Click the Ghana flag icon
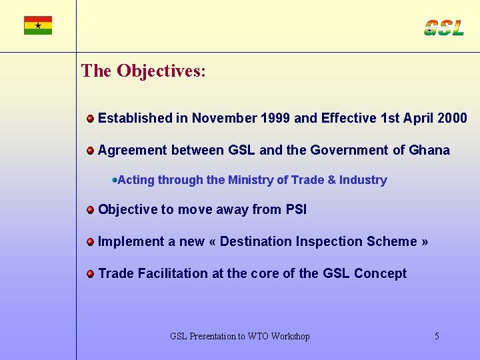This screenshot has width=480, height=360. [x=38, y=25]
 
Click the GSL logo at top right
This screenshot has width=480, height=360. [x=443, y=27]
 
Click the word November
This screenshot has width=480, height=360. [x=223, y=118]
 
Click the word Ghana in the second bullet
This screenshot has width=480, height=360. [x=428, y=150]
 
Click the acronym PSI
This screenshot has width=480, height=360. [x=296, y=209]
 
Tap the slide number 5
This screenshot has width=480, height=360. [x=437, y=336]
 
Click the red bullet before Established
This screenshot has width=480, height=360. [x=90, y=119]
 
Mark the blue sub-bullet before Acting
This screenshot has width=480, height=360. [x=115, y=180]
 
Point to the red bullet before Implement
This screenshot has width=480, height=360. [x=90, y=242]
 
